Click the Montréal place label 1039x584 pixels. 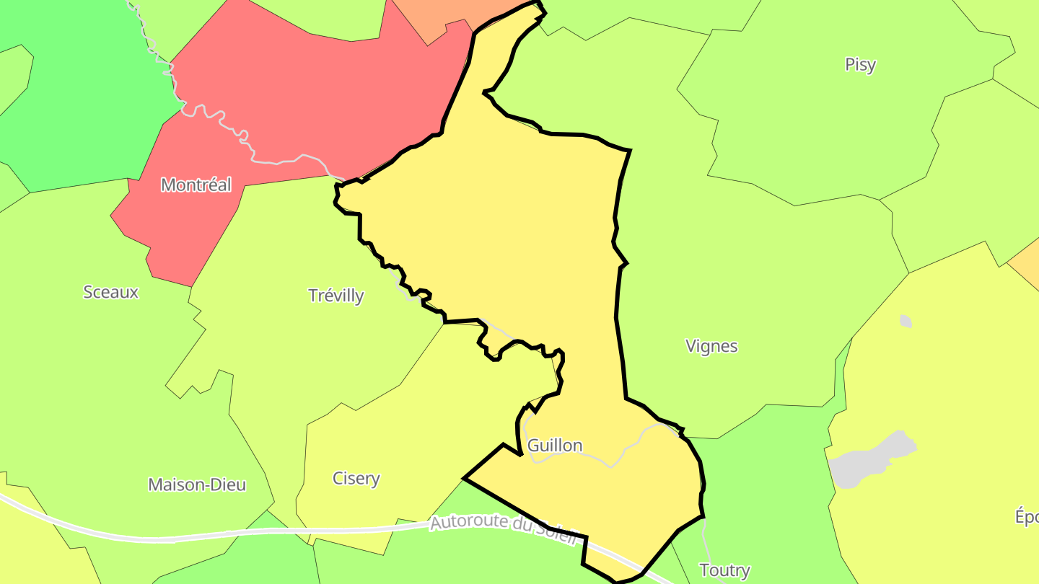pos(196,185)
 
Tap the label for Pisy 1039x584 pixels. pos(860,65)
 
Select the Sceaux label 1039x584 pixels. pos(110,293)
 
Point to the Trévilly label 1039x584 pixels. pos(336,296)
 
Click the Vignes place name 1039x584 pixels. pos(711,346)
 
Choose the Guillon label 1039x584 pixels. pos(554,446)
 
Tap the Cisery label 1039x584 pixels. pos(356,479)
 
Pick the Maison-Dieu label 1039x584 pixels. pos(197,485)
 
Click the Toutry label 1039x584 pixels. pos(724,571)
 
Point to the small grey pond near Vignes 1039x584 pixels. pos(906,321)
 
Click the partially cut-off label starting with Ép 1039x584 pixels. pos(1027,518)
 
